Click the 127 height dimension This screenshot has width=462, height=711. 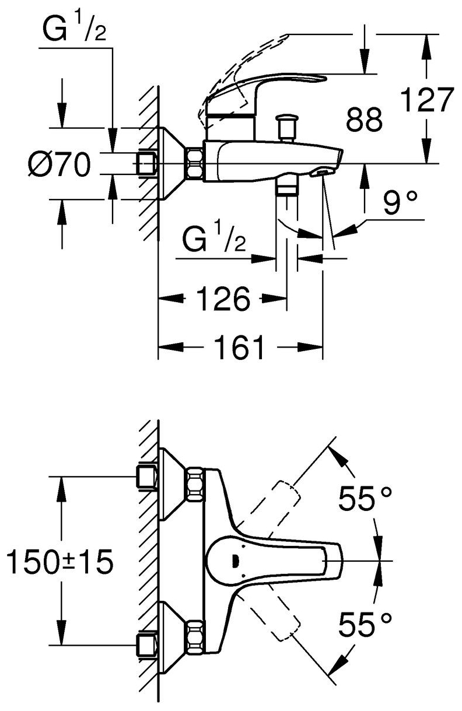click(x=428, y=100)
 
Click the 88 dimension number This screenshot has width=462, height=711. click(x=365, y=120)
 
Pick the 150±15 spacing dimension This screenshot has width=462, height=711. click(x=59, y=563)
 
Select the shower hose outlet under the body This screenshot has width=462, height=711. click(x=286, y=187)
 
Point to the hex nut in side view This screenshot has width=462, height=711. click(x=194, y=164)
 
